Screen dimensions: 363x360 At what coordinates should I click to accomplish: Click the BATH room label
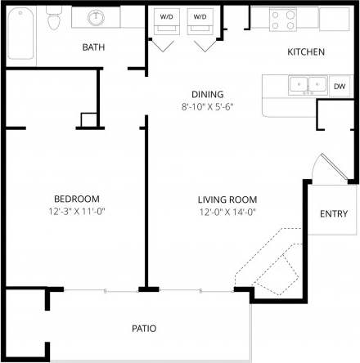coord(93,47)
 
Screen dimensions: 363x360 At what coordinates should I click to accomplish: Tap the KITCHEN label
coord(305,52)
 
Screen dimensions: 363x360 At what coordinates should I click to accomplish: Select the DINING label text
coord(207,94)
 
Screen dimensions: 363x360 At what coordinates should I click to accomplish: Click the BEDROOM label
coord(76,199)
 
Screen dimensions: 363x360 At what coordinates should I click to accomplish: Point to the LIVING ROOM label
coord(227,199)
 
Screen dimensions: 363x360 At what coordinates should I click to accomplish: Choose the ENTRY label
coord(333,214)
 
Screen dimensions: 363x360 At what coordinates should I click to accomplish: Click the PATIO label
coord(144,329)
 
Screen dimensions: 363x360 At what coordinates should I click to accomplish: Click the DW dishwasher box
coord(339,85)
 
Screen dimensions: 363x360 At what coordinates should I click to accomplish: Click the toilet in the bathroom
coord(55,19)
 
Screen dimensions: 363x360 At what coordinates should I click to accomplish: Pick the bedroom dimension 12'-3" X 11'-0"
coord(76,212)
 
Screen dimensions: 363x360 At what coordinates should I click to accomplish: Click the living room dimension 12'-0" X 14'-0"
coord(227,212)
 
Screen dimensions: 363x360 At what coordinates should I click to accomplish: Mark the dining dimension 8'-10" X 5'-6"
coord(207,106)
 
